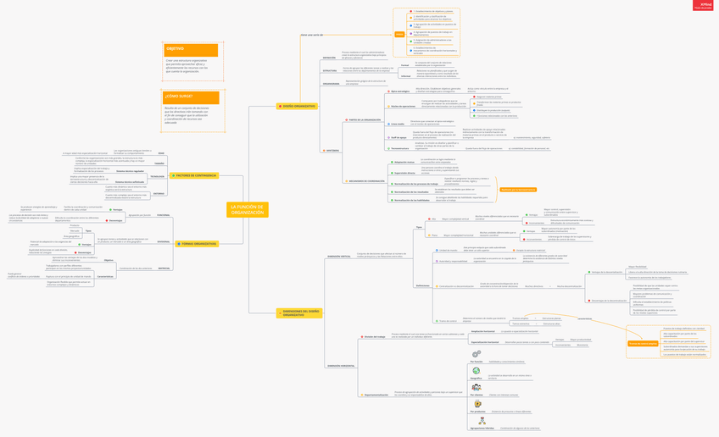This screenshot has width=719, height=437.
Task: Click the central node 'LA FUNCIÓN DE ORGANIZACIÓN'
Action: (x=248, y=209)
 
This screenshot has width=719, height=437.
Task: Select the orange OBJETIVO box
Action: (x=191, y=50)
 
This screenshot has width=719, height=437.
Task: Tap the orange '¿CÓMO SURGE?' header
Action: (x=191, y=98)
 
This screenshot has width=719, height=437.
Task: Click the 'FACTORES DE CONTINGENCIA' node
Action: (x=195, y=175)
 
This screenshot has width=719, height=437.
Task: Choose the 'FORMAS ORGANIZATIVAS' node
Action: (x=197, y=244)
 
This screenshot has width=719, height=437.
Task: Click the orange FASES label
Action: (x=399, y=34)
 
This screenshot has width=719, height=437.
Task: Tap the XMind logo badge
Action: (x=705, y=5)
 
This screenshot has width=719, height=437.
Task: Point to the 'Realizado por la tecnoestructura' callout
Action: (x=517, y=190)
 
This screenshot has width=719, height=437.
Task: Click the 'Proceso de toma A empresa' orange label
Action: (x=643, y=343)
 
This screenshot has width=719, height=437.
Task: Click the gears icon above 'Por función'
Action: (x=477, y=355)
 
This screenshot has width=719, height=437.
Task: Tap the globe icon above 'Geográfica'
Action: (x=477, y=372)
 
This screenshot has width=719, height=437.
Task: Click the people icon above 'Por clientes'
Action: (x=477, y=388)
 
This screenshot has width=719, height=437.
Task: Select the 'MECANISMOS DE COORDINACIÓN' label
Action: (x=365, y=180)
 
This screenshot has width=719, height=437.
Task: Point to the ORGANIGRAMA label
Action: (x=331, y=83)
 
